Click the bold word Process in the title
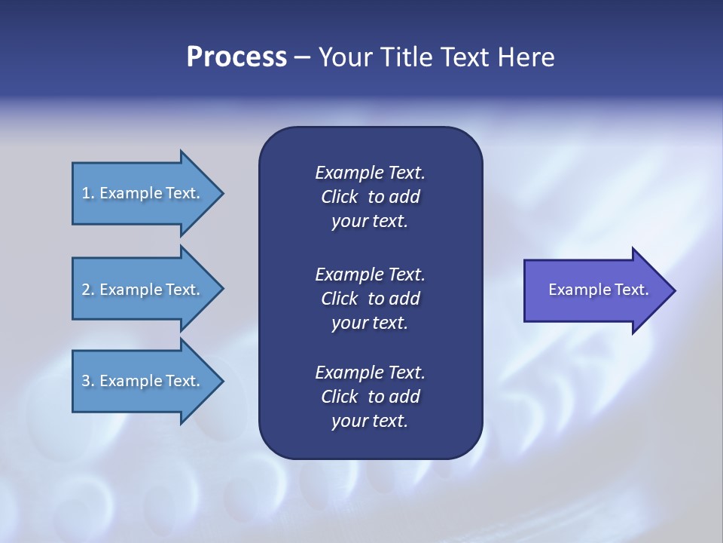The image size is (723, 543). click(x=236, y=57)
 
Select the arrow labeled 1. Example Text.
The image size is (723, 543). click(x=143, y=193)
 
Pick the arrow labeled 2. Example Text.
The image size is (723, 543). click(x=143, y=290)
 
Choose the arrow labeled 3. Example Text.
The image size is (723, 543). click(x=143, y=382)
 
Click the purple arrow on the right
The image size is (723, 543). click(x=595, y=290)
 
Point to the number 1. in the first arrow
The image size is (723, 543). click(x=87, y=193)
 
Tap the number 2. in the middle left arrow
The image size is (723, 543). click(x=87, y=290)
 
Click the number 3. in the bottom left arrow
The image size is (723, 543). click(x=87, y=382)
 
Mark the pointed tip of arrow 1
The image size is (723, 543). click(x=221, y=193)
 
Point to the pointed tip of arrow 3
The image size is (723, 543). click(x=221, y=382)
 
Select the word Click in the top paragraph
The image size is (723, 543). click(x=340, y=197)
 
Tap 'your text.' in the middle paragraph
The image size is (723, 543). click(x=370, y=323)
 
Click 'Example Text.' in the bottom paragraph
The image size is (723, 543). click(x=370, y=372)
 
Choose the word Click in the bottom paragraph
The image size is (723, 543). click(x=340, y=397)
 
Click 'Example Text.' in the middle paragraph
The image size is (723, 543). click(x=370, y=274)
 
